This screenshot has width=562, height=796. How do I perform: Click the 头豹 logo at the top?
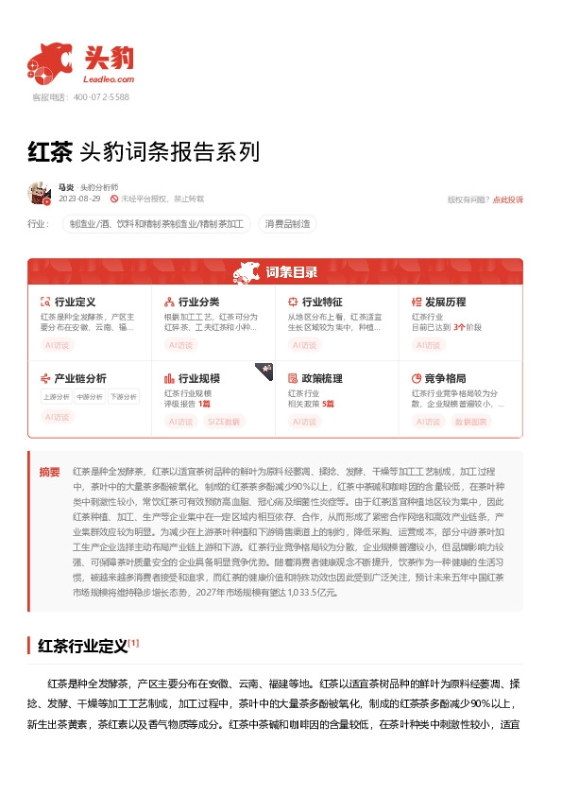81,62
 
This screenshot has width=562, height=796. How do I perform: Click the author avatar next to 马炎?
40,193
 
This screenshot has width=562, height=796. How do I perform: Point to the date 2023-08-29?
80,199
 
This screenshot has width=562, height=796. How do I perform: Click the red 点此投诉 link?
509,199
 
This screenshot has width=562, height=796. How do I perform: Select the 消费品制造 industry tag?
287,224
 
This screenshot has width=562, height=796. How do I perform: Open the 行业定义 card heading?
75,302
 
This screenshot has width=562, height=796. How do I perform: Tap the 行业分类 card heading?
198,302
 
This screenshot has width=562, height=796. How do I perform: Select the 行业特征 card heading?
322,302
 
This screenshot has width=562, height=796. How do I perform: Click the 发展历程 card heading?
446,302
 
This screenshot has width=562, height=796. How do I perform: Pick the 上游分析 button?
56,397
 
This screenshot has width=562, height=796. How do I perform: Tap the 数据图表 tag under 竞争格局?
471,422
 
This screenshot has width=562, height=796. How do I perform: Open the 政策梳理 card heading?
322,378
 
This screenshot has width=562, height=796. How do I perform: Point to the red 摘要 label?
49,471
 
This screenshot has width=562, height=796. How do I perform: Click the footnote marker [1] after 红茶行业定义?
134,643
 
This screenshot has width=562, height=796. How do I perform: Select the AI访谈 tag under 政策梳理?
304,422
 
